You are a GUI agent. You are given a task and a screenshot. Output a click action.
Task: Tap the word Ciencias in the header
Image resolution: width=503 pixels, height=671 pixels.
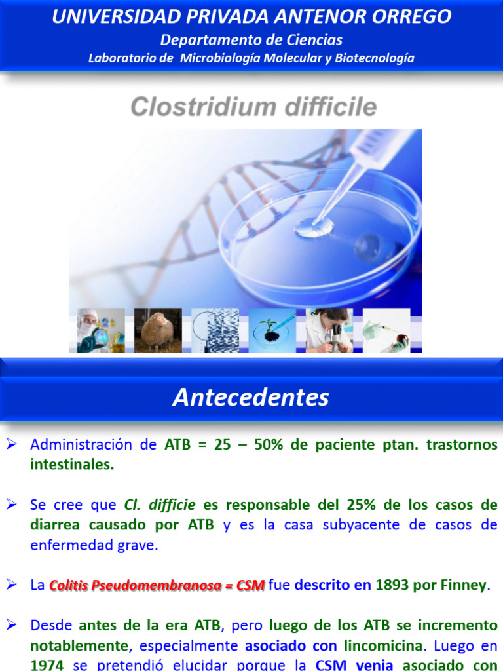coord(311,40)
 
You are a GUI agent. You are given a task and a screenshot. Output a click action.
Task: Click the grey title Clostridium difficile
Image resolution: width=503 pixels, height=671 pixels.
coord(253,107)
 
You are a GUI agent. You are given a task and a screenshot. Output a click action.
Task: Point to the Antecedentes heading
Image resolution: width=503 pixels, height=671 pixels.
coord(251,398)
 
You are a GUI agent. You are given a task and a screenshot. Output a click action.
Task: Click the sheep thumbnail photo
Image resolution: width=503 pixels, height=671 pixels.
coord(158,330)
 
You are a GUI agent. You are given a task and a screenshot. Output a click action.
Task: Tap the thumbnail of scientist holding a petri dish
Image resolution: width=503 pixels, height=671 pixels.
coord(101,330)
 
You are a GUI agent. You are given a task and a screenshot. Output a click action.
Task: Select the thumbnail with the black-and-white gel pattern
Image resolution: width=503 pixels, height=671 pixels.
coord(215,330)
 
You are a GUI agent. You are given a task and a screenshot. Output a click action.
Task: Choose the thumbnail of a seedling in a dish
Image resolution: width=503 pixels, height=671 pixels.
coord(272,330)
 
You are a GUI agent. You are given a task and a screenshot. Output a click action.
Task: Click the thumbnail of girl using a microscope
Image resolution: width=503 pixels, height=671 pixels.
coord(329,330)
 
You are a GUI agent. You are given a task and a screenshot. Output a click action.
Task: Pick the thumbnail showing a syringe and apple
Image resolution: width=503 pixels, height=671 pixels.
coord(386,330)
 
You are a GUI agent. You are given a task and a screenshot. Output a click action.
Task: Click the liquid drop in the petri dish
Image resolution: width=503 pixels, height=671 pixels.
coord(314,227)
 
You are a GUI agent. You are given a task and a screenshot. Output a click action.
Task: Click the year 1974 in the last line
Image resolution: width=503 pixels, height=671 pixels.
coord(47,665)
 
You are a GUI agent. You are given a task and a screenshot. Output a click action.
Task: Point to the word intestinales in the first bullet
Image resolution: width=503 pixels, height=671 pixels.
coord(72,465)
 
